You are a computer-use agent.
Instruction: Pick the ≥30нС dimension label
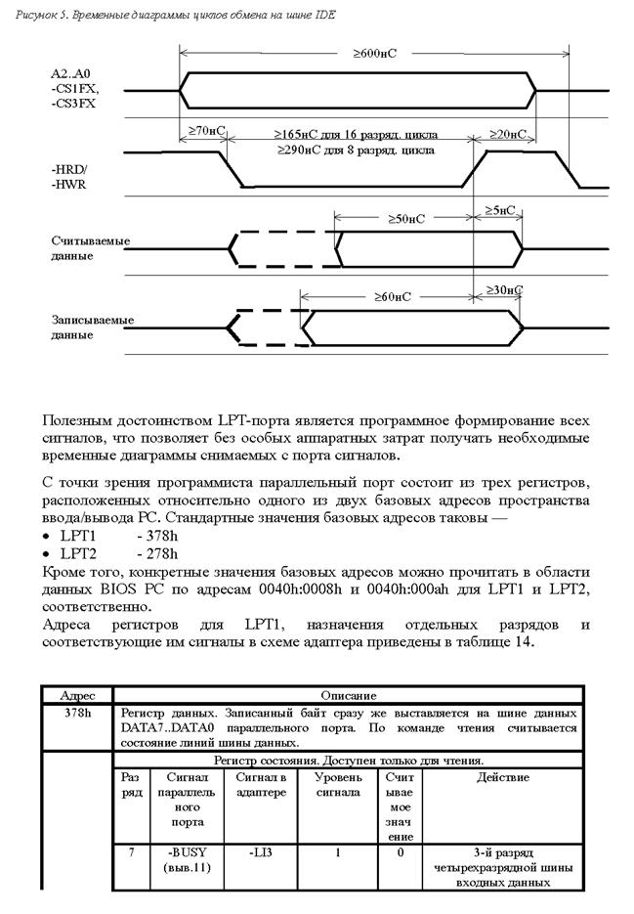point(503,290)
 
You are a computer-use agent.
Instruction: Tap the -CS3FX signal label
point(75,102)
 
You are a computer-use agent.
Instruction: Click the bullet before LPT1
point(48,538)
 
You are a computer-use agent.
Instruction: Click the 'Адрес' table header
point(77,695)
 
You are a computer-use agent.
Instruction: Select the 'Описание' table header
point(348,695)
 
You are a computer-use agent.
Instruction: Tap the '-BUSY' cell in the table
point(183,852)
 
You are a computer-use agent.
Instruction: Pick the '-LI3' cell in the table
point(261,852)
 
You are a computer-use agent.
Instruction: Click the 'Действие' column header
point(502,777)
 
